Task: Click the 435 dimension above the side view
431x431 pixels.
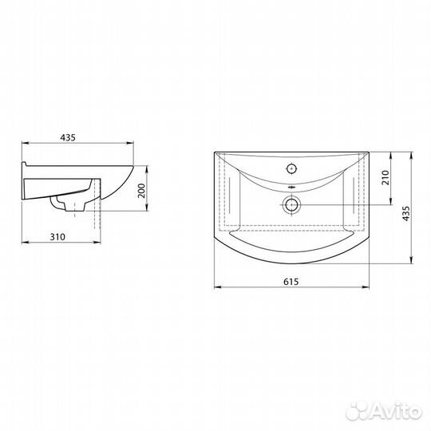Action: tap(68, 137)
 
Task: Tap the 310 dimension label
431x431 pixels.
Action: tap(57, 237)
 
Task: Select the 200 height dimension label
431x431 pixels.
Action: tap(141, 191)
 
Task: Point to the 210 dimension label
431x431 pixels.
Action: tap(386, 177)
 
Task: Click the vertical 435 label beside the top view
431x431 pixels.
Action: tap(405, 213)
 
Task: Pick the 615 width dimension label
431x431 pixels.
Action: tap(291, 282)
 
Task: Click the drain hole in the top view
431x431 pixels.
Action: tap(291, 205)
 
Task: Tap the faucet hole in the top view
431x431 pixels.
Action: tap(291, 168)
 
